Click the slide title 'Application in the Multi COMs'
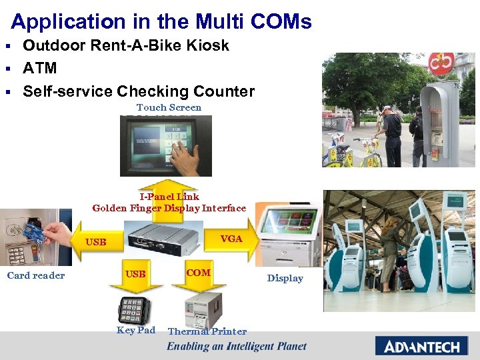[161, 21]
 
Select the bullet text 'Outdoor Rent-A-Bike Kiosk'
[126, 45]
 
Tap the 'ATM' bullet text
[40, 68]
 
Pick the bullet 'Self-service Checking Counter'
[139, 91]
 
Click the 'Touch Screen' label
[169, 107]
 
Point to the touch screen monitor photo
[166, 145]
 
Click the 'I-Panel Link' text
[169, 197]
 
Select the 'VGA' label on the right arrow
[231, 239]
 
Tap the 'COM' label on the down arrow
[198, 273]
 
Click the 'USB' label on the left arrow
[96, 242]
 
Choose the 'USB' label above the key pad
[135, 274]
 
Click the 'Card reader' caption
[36, 275]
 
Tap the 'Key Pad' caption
[135, 330]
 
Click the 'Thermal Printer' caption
[207, 331]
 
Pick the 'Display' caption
[285, 278]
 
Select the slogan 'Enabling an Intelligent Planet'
[237, 346]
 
